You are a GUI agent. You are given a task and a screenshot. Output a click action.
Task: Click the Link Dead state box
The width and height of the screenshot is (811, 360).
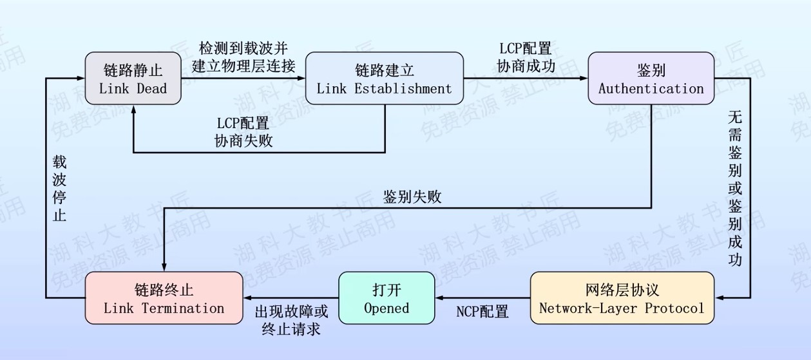tap(133, 79)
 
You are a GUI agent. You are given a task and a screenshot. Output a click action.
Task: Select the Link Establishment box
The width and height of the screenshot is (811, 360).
tap(384, 79)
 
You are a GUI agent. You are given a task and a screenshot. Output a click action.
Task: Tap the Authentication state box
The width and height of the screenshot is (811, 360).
tap(651, 79)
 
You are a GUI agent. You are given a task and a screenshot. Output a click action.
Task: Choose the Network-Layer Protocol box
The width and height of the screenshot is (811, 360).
tap(622, 298)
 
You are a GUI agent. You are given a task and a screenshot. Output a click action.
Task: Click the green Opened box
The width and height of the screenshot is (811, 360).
tap(386, 298)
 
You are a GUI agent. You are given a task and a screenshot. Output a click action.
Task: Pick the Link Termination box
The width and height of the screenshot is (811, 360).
tap(164, 298)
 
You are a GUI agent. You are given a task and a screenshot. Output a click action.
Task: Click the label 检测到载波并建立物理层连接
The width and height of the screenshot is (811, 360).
tap(243, 57)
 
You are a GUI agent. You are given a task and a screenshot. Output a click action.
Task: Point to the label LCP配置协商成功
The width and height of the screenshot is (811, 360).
tap(525, 57)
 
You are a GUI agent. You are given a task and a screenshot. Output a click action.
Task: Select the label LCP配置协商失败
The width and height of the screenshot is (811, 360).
tap(243, 131)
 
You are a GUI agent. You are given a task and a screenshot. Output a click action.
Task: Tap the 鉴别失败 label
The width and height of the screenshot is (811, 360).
tap(412, 196)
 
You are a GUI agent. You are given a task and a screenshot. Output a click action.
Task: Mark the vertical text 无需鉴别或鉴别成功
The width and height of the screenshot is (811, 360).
tap(735, 188)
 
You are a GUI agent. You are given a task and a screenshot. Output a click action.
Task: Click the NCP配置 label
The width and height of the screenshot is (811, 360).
tap(482, 312)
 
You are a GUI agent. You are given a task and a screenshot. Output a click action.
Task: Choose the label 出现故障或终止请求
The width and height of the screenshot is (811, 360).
tap(291, 320)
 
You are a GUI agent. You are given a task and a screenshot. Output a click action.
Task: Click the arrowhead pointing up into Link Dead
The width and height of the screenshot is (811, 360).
tap(133, 109)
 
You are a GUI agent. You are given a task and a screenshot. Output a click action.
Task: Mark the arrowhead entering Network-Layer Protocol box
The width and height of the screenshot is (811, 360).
tap(720, 298)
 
